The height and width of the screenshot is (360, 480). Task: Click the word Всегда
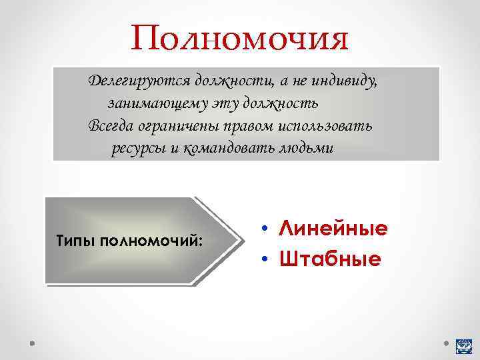[109, 126]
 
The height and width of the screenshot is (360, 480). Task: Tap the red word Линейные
[333, 229]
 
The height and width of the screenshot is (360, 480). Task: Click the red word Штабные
[330, 259]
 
